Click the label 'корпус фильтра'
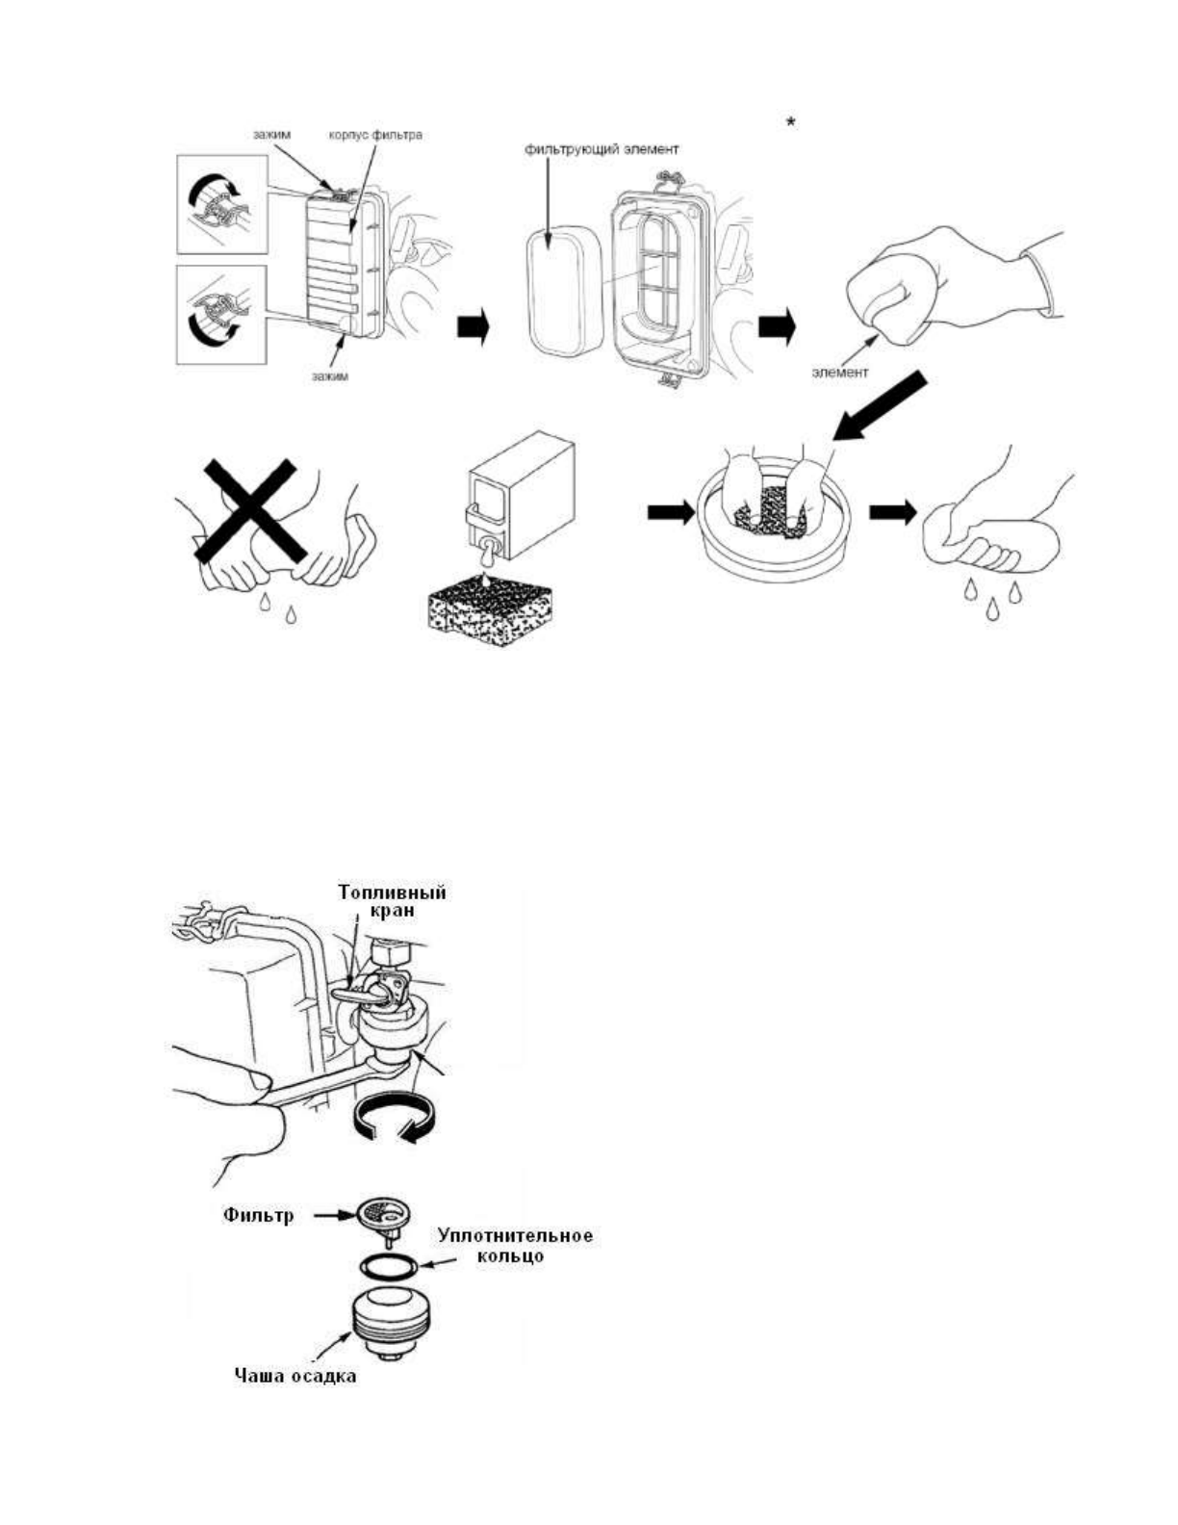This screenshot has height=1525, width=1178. tap(375, 135)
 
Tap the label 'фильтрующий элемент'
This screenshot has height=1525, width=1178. tap(602, 150)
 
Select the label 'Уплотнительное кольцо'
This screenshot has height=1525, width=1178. tap(515, 1246)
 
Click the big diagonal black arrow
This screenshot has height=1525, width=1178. tap(881, 408)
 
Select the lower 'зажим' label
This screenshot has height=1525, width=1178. tap(330, 375)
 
